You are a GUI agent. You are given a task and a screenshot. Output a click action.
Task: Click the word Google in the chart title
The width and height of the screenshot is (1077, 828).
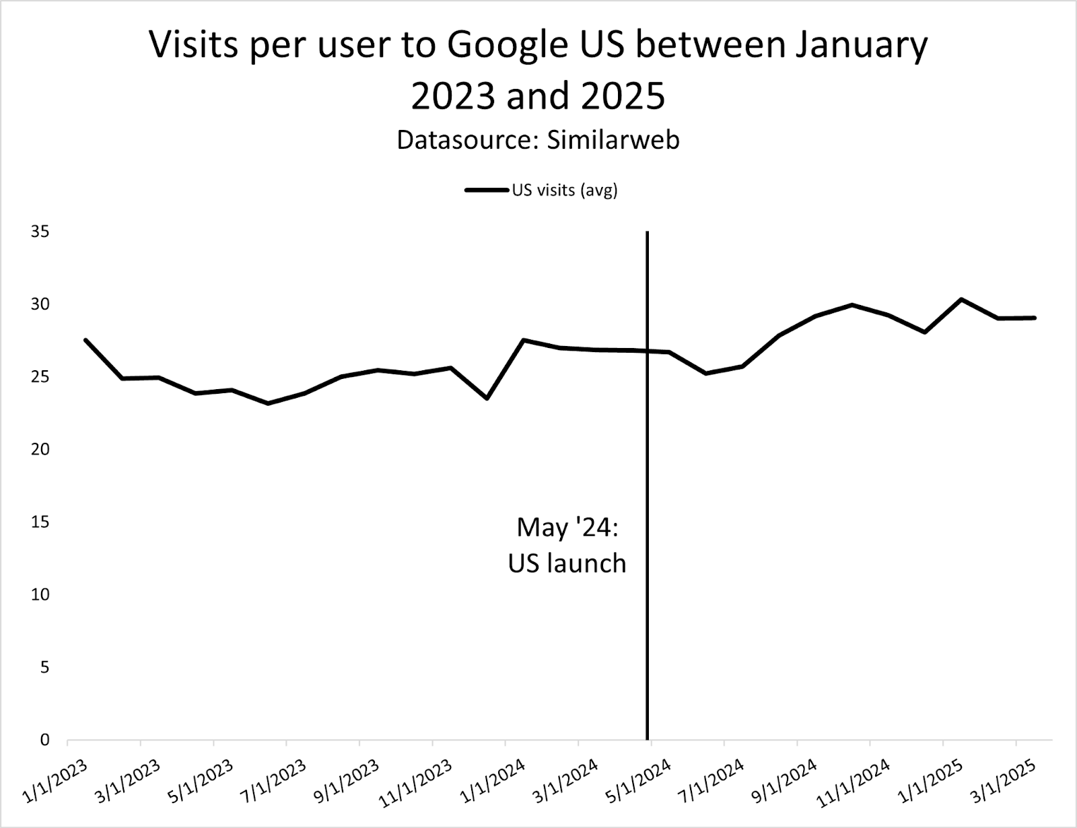(x=508, y=46)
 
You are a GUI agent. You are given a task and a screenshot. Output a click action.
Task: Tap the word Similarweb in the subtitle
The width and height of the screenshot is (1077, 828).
(x=613, y=140)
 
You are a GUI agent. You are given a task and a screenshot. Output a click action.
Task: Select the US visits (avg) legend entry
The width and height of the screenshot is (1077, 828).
(x=541, y=191)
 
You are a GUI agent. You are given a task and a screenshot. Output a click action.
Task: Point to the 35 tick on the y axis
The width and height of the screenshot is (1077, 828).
(x=40, y=232)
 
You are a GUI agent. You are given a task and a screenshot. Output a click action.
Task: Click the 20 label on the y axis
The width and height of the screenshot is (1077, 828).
(x=40, y=450)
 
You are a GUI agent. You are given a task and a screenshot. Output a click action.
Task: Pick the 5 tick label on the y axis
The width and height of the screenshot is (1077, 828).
(x=44, y=668)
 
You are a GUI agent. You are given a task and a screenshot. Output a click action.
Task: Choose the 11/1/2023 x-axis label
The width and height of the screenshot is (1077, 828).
(x=415, y=784)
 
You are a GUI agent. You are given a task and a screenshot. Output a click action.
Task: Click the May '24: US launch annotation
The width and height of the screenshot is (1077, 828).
(x=567, y=545)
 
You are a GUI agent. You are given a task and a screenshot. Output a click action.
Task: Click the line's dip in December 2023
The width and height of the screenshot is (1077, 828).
(x=487, y=399)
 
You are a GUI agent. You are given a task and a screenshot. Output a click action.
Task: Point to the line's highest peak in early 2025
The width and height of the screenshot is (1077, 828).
(x=961, y=300)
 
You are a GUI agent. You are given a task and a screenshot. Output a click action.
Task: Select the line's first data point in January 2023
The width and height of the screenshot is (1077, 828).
(x=85, y=340)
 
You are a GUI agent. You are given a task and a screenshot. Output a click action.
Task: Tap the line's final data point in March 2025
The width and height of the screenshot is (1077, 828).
(x=1035, y=318)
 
